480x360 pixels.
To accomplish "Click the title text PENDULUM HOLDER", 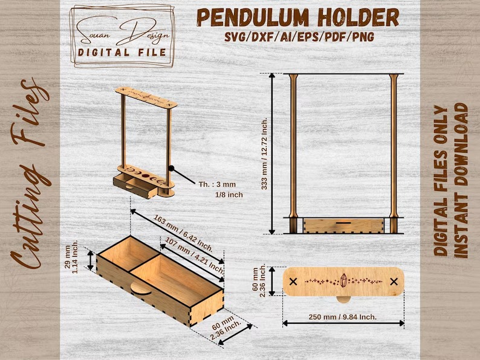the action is point(298,18).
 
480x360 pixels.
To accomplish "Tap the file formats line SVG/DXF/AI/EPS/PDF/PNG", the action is point(299,37).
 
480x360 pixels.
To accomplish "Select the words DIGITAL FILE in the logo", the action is point(122,53).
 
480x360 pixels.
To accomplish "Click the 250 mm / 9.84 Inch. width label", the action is point(343,317).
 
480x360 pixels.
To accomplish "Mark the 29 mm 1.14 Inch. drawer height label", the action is point(71,256).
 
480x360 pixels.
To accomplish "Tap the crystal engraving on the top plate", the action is point(344,280).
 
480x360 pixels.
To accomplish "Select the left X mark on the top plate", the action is point(293,281).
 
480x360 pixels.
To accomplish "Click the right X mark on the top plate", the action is point(394,281).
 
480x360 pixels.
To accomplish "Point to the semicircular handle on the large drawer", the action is point(141,289).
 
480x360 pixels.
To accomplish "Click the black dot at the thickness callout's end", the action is point(172,169).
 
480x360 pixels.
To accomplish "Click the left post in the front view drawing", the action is point(293,153).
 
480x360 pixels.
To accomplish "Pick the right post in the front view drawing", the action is point(394,153).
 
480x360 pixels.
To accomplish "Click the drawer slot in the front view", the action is point(343,223).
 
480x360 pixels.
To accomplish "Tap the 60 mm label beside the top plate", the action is point(259,281).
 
